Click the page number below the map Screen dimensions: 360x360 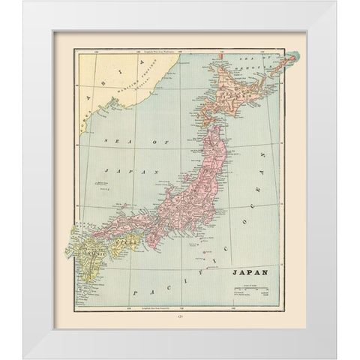(178, 318)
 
